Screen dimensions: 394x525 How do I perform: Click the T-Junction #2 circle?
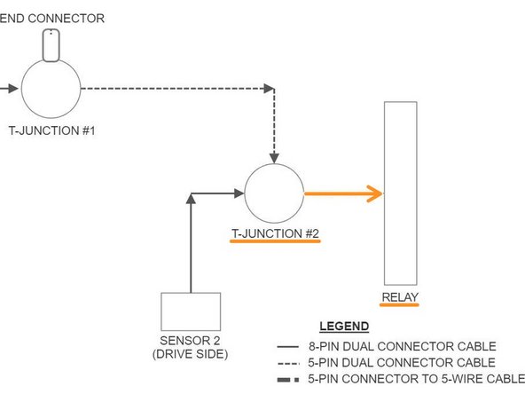pos(274,193)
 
